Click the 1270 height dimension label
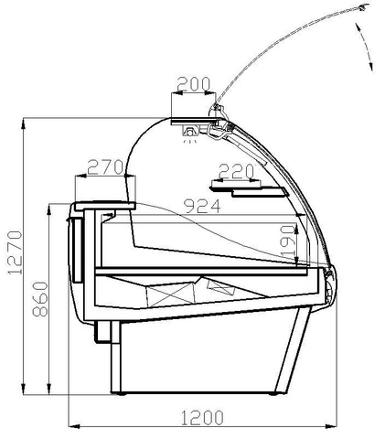pos(15,252)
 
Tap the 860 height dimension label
pos(41,300)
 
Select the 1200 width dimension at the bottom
pos(202,418)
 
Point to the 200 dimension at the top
pos(194,84)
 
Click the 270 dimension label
pos(105,167)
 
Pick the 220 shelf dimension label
pos(237,171)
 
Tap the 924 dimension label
pos(202,207)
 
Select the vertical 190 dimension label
pos(288,241)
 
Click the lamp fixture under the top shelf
pos(190,133)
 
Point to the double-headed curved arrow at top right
pos(365,46)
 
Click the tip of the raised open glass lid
pos(364,6)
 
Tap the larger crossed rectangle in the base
pos(171,294)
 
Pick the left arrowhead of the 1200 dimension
pos(73,426)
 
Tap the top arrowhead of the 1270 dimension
pos(23,123)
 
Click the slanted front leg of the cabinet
pos(294,349)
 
